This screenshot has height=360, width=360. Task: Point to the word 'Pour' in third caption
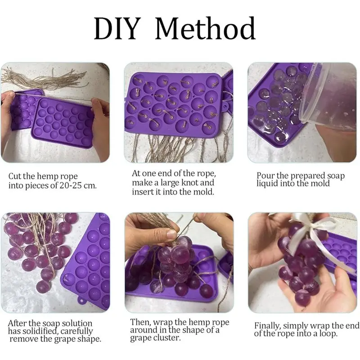(x=265, y=175)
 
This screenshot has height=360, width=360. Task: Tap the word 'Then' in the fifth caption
(x=141, y=322)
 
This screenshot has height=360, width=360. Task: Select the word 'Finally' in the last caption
(x=269, y=325)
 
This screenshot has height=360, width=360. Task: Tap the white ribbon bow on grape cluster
(x=310, y=225)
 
